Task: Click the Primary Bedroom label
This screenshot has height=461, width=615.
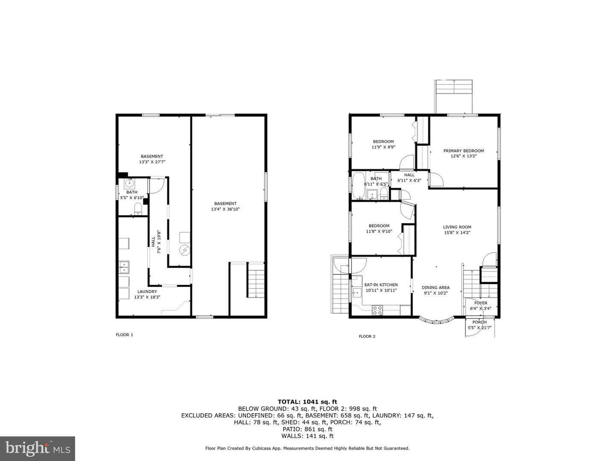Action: [x=463, y=151]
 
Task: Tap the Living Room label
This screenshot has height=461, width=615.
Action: [x=457, y=227]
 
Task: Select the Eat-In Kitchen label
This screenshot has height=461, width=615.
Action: [x=381, y=285]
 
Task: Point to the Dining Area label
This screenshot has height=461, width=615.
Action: [x=436, y=287]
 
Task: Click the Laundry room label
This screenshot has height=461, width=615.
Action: [x=147, y=292]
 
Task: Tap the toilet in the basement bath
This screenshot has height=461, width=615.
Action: [x=138, y=209]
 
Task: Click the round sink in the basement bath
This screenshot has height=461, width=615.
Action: [x=129, y=184]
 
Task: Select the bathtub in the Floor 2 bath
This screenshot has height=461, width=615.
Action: [x=358, y=186]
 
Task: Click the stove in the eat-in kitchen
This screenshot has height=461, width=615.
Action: [x=377, y=310]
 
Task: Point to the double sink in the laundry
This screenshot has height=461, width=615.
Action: [x=124, y=267]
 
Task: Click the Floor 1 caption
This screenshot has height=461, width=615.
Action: [x=124, y=335]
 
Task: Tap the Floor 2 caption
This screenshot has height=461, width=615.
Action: [x=367, y=336]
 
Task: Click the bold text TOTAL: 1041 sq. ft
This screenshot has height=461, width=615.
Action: [x=307, y=402]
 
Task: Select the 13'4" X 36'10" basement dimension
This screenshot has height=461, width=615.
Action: [x=225, y=209]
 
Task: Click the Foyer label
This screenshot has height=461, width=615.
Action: [x=481, y=303]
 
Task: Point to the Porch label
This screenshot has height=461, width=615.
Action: [x=480, y=322]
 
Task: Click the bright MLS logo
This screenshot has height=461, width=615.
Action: [x=37, y=448]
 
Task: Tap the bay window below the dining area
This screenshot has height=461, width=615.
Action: [x=436, y=321]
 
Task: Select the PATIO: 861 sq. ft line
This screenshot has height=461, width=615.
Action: [x=307, y=429]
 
